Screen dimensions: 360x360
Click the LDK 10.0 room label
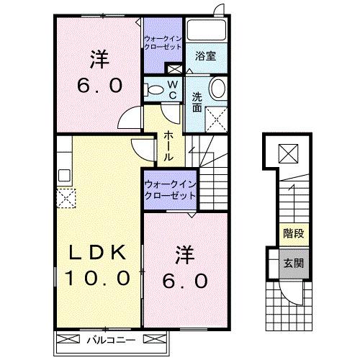tap(99, 264)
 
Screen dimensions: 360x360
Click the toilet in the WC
tap(153, 90)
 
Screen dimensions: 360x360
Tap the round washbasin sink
tap(217, 91)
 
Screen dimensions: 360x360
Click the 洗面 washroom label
tap(197, 104)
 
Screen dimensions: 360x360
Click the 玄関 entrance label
tap(293, 263)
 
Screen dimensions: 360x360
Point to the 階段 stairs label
tap(293, 234)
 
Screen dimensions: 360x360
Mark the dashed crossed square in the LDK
tap(66, 197)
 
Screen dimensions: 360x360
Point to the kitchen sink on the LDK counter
tap(63, 174)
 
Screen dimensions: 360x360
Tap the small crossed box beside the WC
tap(174, 69)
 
